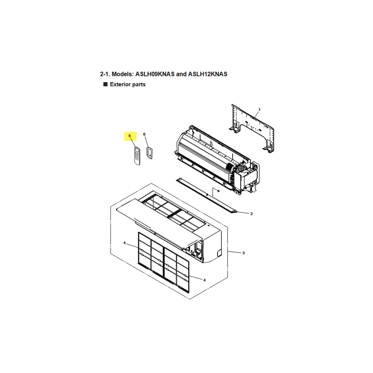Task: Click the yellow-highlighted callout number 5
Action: pyautogui.click(x=130, y=136)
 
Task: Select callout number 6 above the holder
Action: pyautogui.click(x=144, y=134)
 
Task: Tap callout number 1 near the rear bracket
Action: pyautogui.click(x=259, y=110)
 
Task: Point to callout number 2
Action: pyautogui.click(x=251, y=214)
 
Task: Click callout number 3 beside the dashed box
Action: pyautogui.click(x=243, y=253)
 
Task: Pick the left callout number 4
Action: pyautogui.click(x=124, y=243)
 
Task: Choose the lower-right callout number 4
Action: pyautogui.click(x=204, y=280)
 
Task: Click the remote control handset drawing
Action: pyautogui.click(x=137, y=156)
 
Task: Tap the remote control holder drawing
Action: pyautogui.click(x=150, y=153)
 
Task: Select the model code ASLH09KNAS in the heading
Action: pyautogui.click(x=155, y=74)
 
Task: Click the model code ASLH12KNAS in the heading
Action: pyautogui.click(x=207, y=74)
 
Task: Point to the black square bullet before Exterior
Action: pyautogui.click(x=105, y=84)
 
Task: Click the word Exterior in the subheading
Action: pyautogui.click(x=120, y=84)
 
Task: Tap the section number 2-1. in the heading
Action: pyautogui.click(x=105, y=74)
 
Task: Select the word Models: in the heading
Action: pyautogui.click(x=123, y=74)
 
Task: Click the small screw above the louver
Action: pyautogui.click(x=218, y=191)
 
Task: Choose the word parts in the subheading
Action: pyautogui.click(x=139, y=85)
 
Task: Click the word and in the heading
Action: pyautogui.click(x=181, y=74)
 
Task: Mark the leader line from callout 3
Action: pyautogui.click(x=235, y=252)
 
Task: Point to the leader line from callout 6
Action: pyautogui.click(x=146, y=142)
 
